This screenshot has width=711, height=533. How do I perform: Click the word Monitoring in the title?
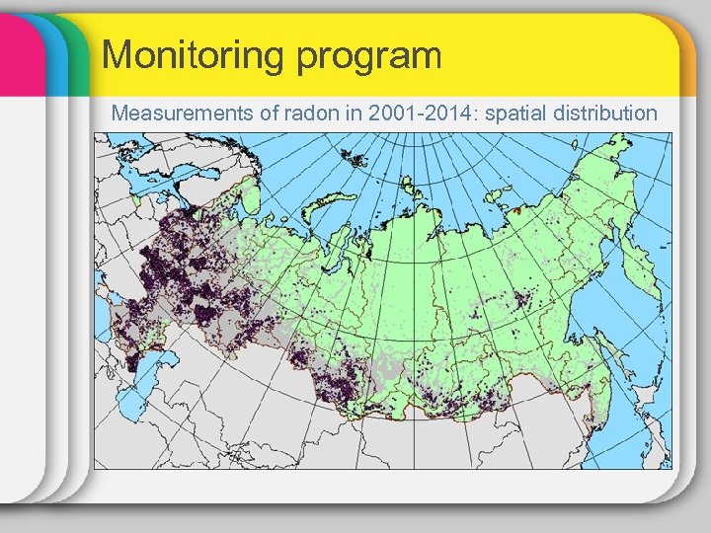[187, 54]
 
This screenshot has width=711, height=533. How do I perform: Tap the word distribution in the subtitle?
[608, 113]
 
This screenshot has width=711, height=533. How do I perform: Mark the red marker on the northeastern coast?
[517, 209]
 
